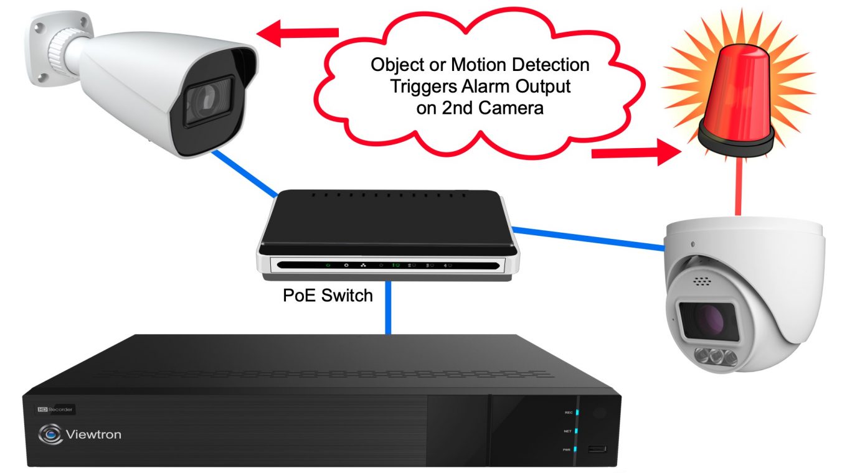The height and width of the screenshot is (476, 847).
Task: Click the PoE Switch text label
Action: [x=328, y=294]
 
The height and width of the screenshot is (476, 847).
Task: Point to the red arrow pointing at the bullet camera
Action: [x=300, y=33]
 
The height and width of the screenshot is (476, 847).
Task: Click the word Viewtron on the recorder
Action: [x=93, y=434]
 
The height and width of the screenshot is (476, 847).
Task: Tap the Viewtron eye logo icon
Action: [x=50, y=434]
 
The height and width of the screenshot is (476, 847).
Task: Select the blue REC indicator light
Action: [x=577, y=412]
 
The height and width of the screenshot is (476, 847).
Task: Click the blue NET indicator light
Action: [x=577, y=431]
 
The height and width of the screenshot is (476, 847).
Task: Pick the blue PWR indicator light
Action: [x=577, y=449]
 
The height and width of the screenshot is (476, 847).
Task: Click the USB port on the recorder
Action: [x=599, y=449]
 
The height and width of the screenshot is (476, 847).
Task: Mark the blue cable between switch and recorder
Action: [x=388, y=308]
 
